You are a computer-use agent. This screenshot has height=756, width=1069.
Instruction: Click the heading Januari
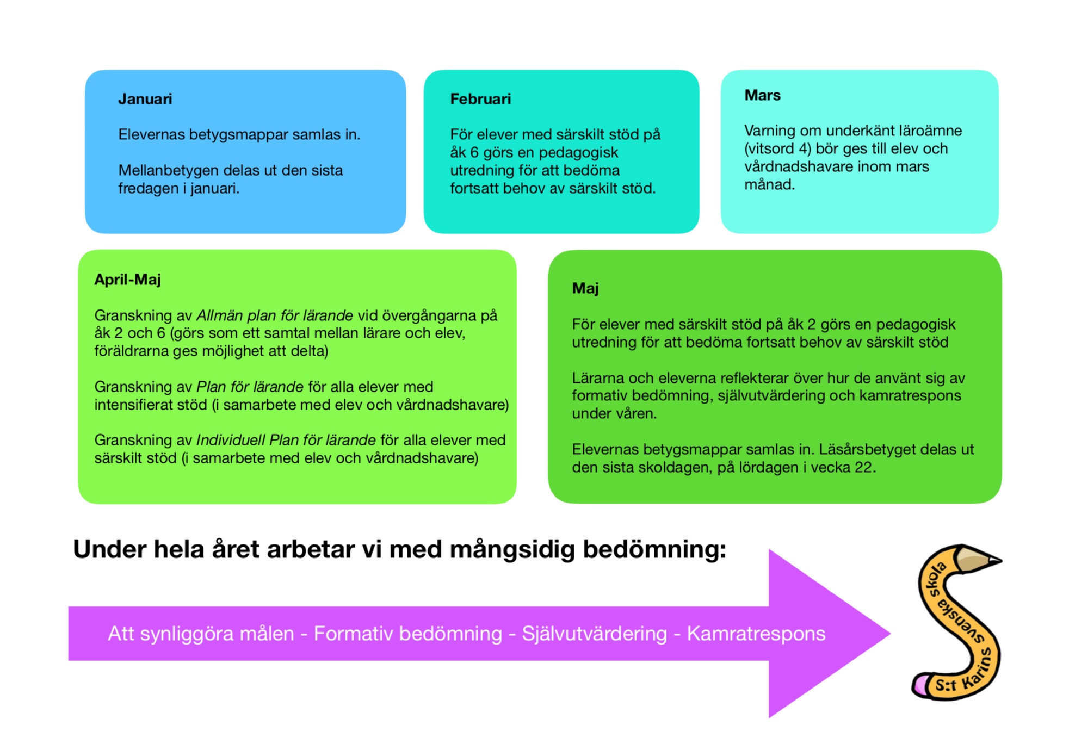click(x=145, y=99)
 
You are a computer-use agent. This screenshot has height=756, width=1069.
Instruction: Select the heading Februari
click(x=480, y=99)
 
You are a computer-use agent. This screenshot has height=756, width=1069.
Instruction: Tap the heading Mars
click(x=762, y=95)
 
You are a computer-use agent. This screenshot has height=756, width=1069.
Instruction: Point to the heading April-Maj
click(x=127, y=280)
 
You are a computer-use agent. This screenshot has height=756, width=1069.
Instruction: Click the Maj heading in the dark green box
click(x=585, y=288)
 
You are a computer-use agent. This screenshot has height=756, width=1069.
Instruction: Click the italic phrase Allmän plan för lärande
click(x=274, y=315)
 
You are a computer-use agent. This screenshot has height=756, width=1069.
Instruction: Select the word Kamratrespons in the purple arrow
click(x=756, y=634)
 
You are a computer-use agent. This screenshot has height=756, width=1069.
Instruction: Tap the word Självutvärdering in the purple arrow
click(x=594, y=634)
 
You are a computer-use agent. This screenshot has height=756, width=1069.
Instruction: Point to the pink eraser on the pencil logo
click(x=920, y=685)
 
